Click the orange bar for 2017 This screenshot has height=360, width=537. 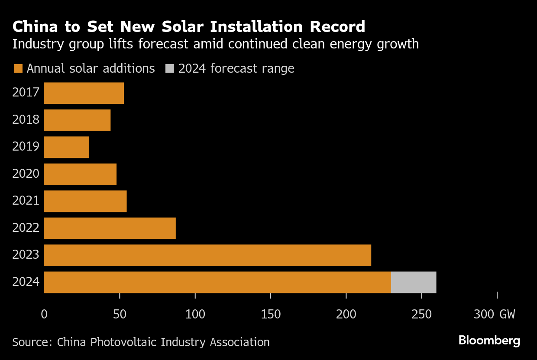pos(84,93)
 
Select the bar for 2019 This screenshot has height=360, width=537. pos(66,147)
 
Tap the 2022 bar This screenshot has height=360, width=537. pos(110,228)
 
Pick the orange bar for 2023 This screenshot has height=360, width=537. pos(207,255)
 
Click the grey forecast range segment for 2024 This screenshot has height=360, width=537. pos(414,282)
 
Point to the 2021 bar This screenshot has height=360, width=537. pos(85,201)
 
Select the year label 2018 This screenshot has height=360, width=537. pos(26,120)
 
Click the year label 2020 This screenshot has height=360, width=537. pos(26,174)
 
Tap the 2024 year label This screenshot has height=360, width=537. pos(26,282)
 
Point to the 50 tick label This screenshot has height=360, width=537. pos(119,314)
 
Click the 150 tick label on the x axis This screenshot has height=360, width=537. pos(271,314)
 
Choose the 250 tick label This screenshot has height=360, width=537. pos(422,314)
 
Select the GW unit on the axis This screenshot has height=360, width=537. pos(507,314)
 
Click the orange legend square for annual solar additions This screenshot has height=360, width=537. pos(18,69)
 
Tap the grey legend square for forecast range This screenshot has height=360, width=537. pos(170,69)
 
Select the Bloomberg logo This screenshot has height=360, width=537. pos(489,341)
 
